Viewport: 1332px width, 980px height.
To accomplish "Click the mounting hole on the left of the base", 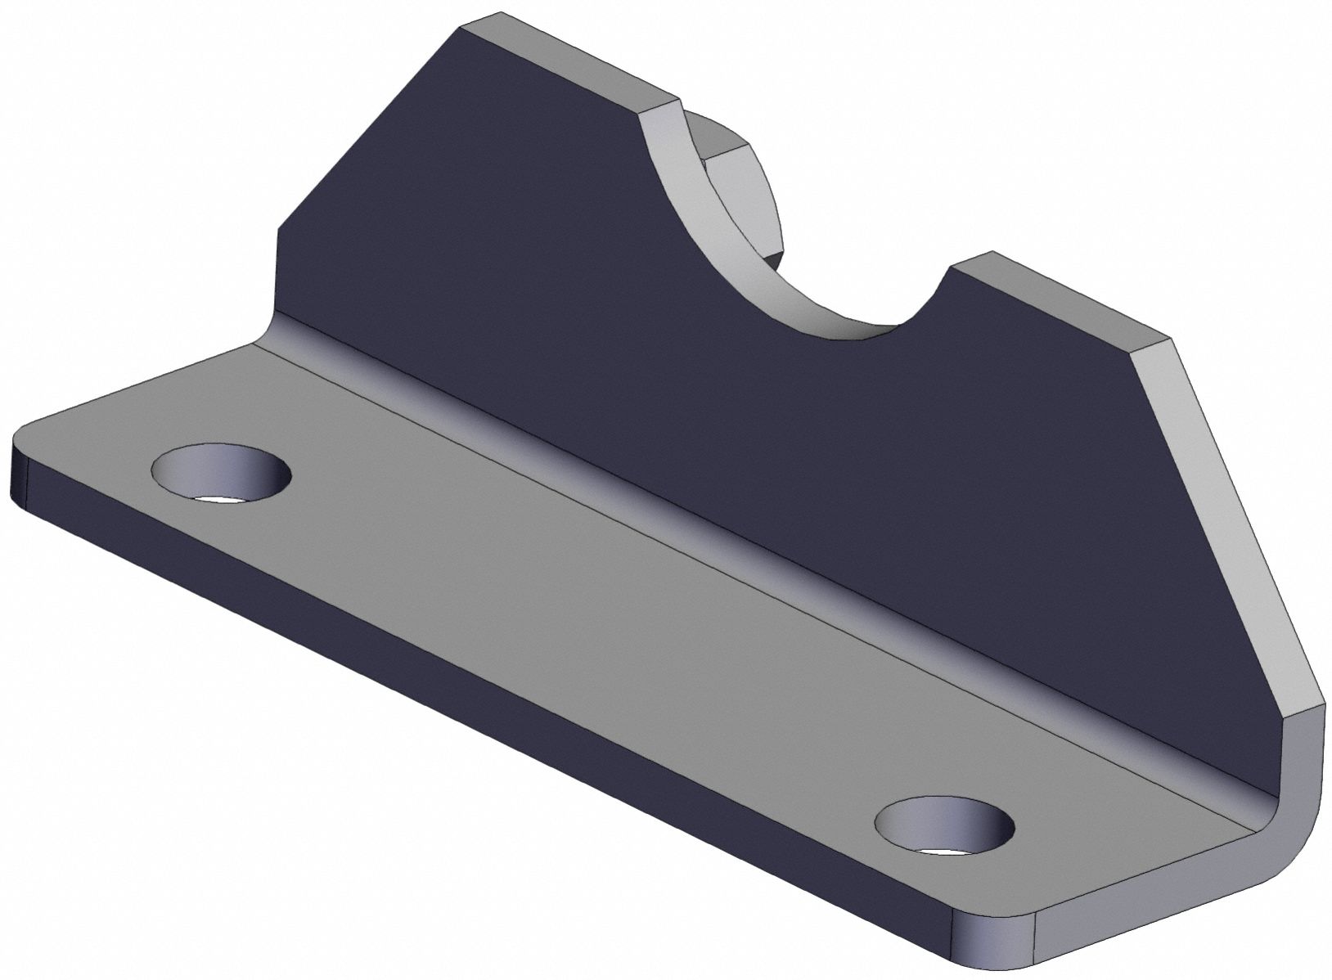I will pyautogui.click(x=221, y=472).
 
